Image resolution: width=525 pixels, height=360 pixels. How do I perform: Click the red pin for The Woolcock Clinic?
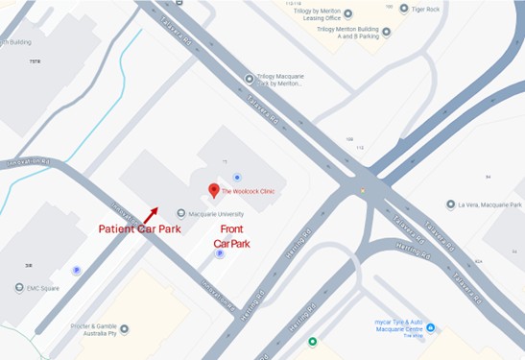click(x=214, y=190)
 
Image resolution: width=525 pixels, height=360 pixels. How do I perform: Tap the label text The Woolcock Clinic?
click(x=249, y=191)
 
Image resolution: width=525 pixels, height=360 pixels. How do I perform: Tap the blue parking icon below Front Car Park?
click(x=220, y=254)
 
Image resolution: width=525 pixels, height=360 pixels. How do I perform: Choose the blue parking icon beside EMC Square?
click(x=77, y=271)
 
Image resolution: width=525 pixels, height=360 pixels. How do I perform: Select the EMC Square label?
click(x=45, y=288)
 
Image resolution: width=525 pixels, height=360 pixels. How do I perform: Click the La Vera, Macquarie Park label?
click(x=491, y=204)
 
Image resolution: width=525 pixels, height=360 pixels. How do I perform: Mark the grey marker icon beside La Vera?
click(x=450, y=204)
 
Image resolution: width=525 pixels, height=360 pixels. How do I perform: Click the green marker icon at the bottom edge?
click(x=312, y=342)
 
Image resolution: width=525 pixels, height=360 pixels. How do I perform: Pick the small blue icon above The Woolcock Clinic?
click(x=237, y=177)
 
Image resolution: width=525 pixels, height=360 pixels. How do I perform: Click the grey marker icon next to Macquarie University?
click(x=181, y=213)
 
